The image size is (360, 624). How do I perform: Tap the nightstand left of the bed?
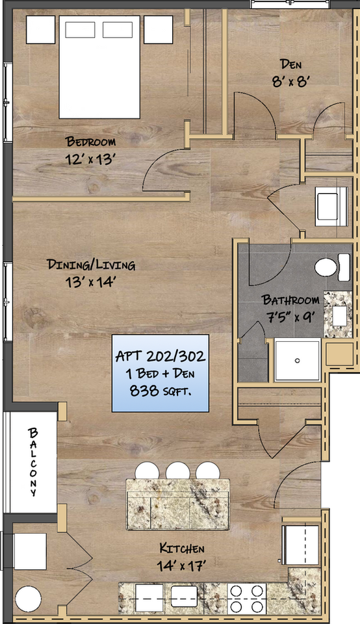tap(40, 29)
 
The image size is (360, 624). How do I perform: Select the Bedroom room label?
tap(91, 142)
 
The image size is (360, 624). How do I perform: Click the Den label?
tap(290, 64)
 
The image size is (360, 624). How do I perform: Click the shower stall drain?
tap(298, 360)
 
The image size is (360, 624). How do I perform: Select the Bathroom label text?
tap(290, 300)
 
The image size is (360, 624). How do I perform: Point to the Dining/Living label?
tap(91, 265)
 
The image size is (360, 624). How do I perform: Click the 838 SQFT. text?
tap(161, 391)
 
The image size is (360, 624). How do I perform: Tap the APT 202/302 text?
tap(161, 356)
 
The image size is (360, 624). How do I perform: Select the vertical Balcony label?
tap(33, 462)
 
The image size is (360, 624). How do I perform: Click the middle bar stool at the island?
tap(177, 471)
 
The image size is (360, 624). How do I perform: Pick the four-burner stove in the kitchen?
tap(248, 598)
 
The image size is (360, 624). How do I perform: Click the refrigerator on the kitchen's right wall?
tap(300, 545)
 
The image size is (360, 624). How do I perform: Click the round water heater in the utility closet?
tap(29, 599)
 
